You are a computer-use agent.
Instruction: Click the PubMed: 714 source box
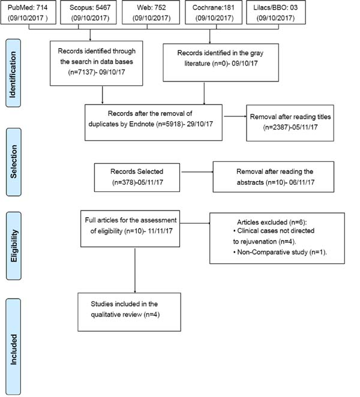(28, 12)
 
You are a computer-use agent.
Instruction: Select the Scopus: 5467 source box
(88, 12)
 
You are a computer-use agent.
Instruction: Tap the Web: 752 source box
(151, 12)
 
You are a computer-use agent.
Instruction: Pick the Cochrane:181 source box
(214, 12)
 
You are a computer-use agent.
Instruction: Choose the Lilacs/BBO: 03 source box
(276, 12)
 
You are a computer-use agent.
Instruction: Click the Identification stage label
(13, 73)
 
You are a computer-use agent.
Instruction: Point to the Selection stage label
(13, 162)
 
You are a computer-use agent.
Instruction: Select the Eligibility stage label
(13, 246)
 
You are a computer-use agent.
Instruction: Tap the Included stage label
(13, 347)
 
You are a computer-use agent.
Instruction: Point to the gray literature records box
(221, 62)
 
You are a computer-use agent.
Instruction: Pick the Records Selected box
(137, 178)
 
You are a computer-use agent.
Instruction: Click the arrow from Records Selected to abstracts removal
(197, 172)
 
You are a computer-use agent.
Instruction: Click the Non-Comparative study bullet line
(280, 252)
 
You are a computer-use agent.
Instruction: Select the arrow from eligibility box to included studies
(135, 270)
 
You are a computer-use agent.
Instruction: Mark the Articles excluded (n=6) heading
(272, 222)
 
